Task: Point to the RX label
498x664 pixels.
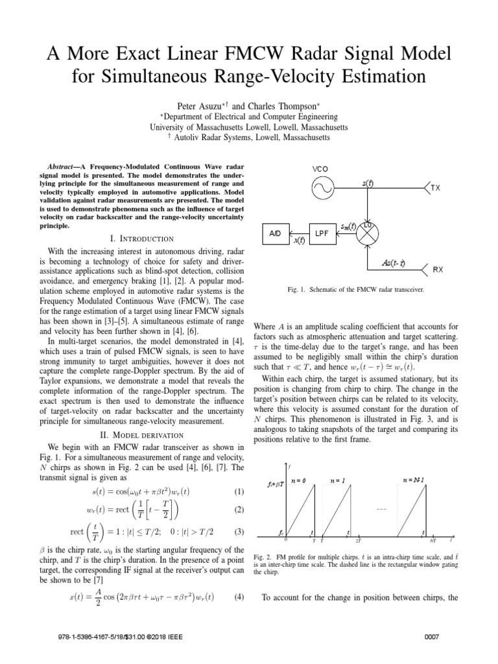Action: [x=438, y=268]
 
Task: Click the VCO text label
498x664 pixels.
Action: [x=321, y=168]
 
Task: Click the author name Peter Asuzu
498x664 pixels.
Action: [x=193, y=104]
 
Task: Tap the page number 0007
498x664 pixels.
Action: [x=431, y=637]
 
